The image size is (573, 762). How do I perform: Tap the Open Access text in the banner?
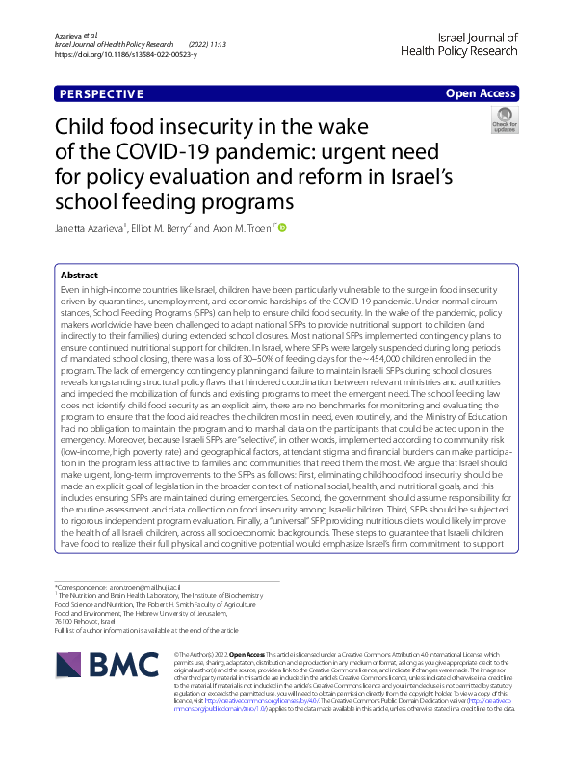pyautogui.click(x=482, y=94)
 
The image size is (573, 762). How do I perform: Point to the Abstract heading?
pyautogui.click(x=78, y=275)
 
